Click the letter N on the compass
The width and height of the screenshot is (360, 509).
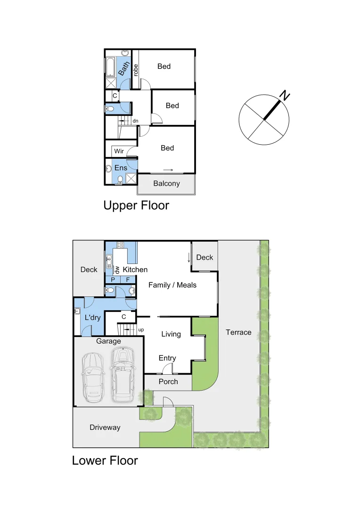(284, 96)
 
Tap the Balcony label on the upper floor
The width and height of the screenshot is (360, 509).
(166, 183)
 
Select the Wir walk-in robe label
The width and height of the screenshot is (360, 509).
(119, 151)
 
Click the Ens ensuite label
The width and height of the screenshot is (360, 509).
(121, 167)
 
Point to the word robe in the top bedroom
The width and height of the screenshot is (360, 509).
(136, 70)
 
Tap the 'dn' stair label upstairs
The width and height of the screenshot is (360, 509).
(135, 121)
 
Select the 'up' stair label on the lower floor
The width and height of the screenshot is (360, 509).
(141, 329)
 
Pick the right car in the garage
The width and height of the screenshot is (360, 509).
(122, 375)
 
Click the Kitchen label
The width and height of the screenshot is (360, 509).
(135, 270)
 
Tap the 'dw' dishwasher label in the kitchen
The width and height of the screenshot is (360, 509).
(117, 270)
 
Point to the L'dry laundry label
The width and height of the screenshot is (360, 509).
(93, 318)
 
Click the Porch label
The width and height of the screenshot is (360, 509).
(168, 381)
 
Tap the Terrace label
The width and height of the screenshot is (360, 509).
(238, 332)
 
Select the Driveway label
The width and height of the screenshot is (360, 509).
(105, 427)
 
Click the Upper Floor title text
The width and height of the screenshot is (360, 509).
(136, 205)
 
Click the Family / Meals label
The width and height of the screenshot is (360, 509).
(172, 285)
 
